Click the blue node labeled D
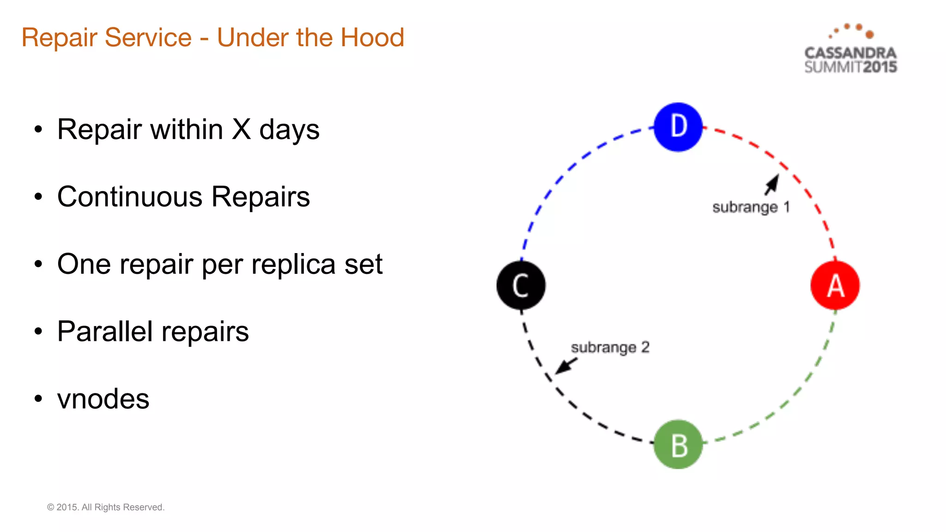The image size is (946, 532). pyautogui.click(x=678, y=127)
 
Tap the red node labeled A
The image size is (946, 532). pyautogui.click(x=835, y=285)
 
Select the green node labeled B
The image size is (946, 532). pyautogui.click(x=678, y=444)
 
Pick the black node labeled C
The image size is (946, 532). pyautogui.click(x=521, y=285)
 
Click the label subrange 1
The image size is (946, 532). pyautogui.click(x=751, y=207)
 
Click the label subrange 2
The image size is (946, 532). pyautogui.click(x=610, y=347)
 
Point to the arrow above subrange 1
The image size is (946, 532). pyautogui.click(x=772, y=184)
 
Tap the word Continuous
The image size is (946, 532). pyautogui.click(x=130, y=197)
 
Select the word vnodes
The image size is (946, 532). pyautogui.click(x=103, y=399)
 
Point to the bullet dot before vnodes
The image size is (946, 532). pyautogui.click(x=38, y=398)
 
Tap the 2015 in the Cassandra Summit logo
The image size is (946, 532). pyautogui.click(x=880, y=67)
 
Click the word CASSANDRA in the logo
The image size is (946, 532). pyautogui.click(x=850, y=53)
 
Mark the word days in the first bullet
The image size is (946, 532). pyautogui.click(x=289, y=130)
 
